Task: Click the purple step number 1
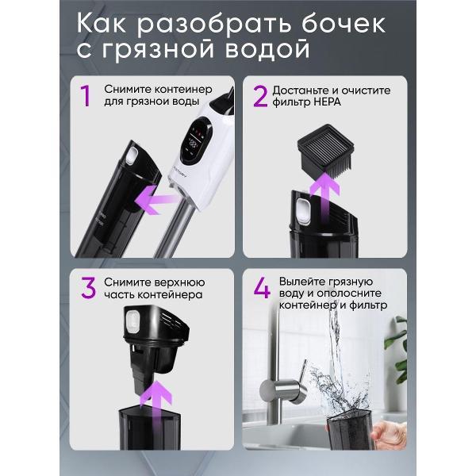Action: point(86,96)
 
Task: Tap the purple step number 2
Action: point(260,96)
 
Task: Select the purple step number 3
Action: point(89,289)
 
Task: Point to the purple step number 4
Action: point(262,288)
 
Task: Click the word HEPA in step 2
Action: point(327,102)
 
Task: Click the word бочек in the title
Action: point(344,24)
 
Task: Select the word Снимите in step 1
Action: point(128,89)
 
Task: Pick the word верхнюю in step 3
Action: point(179,282)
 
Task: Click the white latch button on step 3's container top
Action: point(132,321)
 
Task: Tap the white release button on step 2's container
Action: point(303,210)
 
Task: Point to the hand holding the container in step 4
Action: point(390,435)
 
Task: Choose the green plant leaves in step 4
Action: point(397,349)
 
